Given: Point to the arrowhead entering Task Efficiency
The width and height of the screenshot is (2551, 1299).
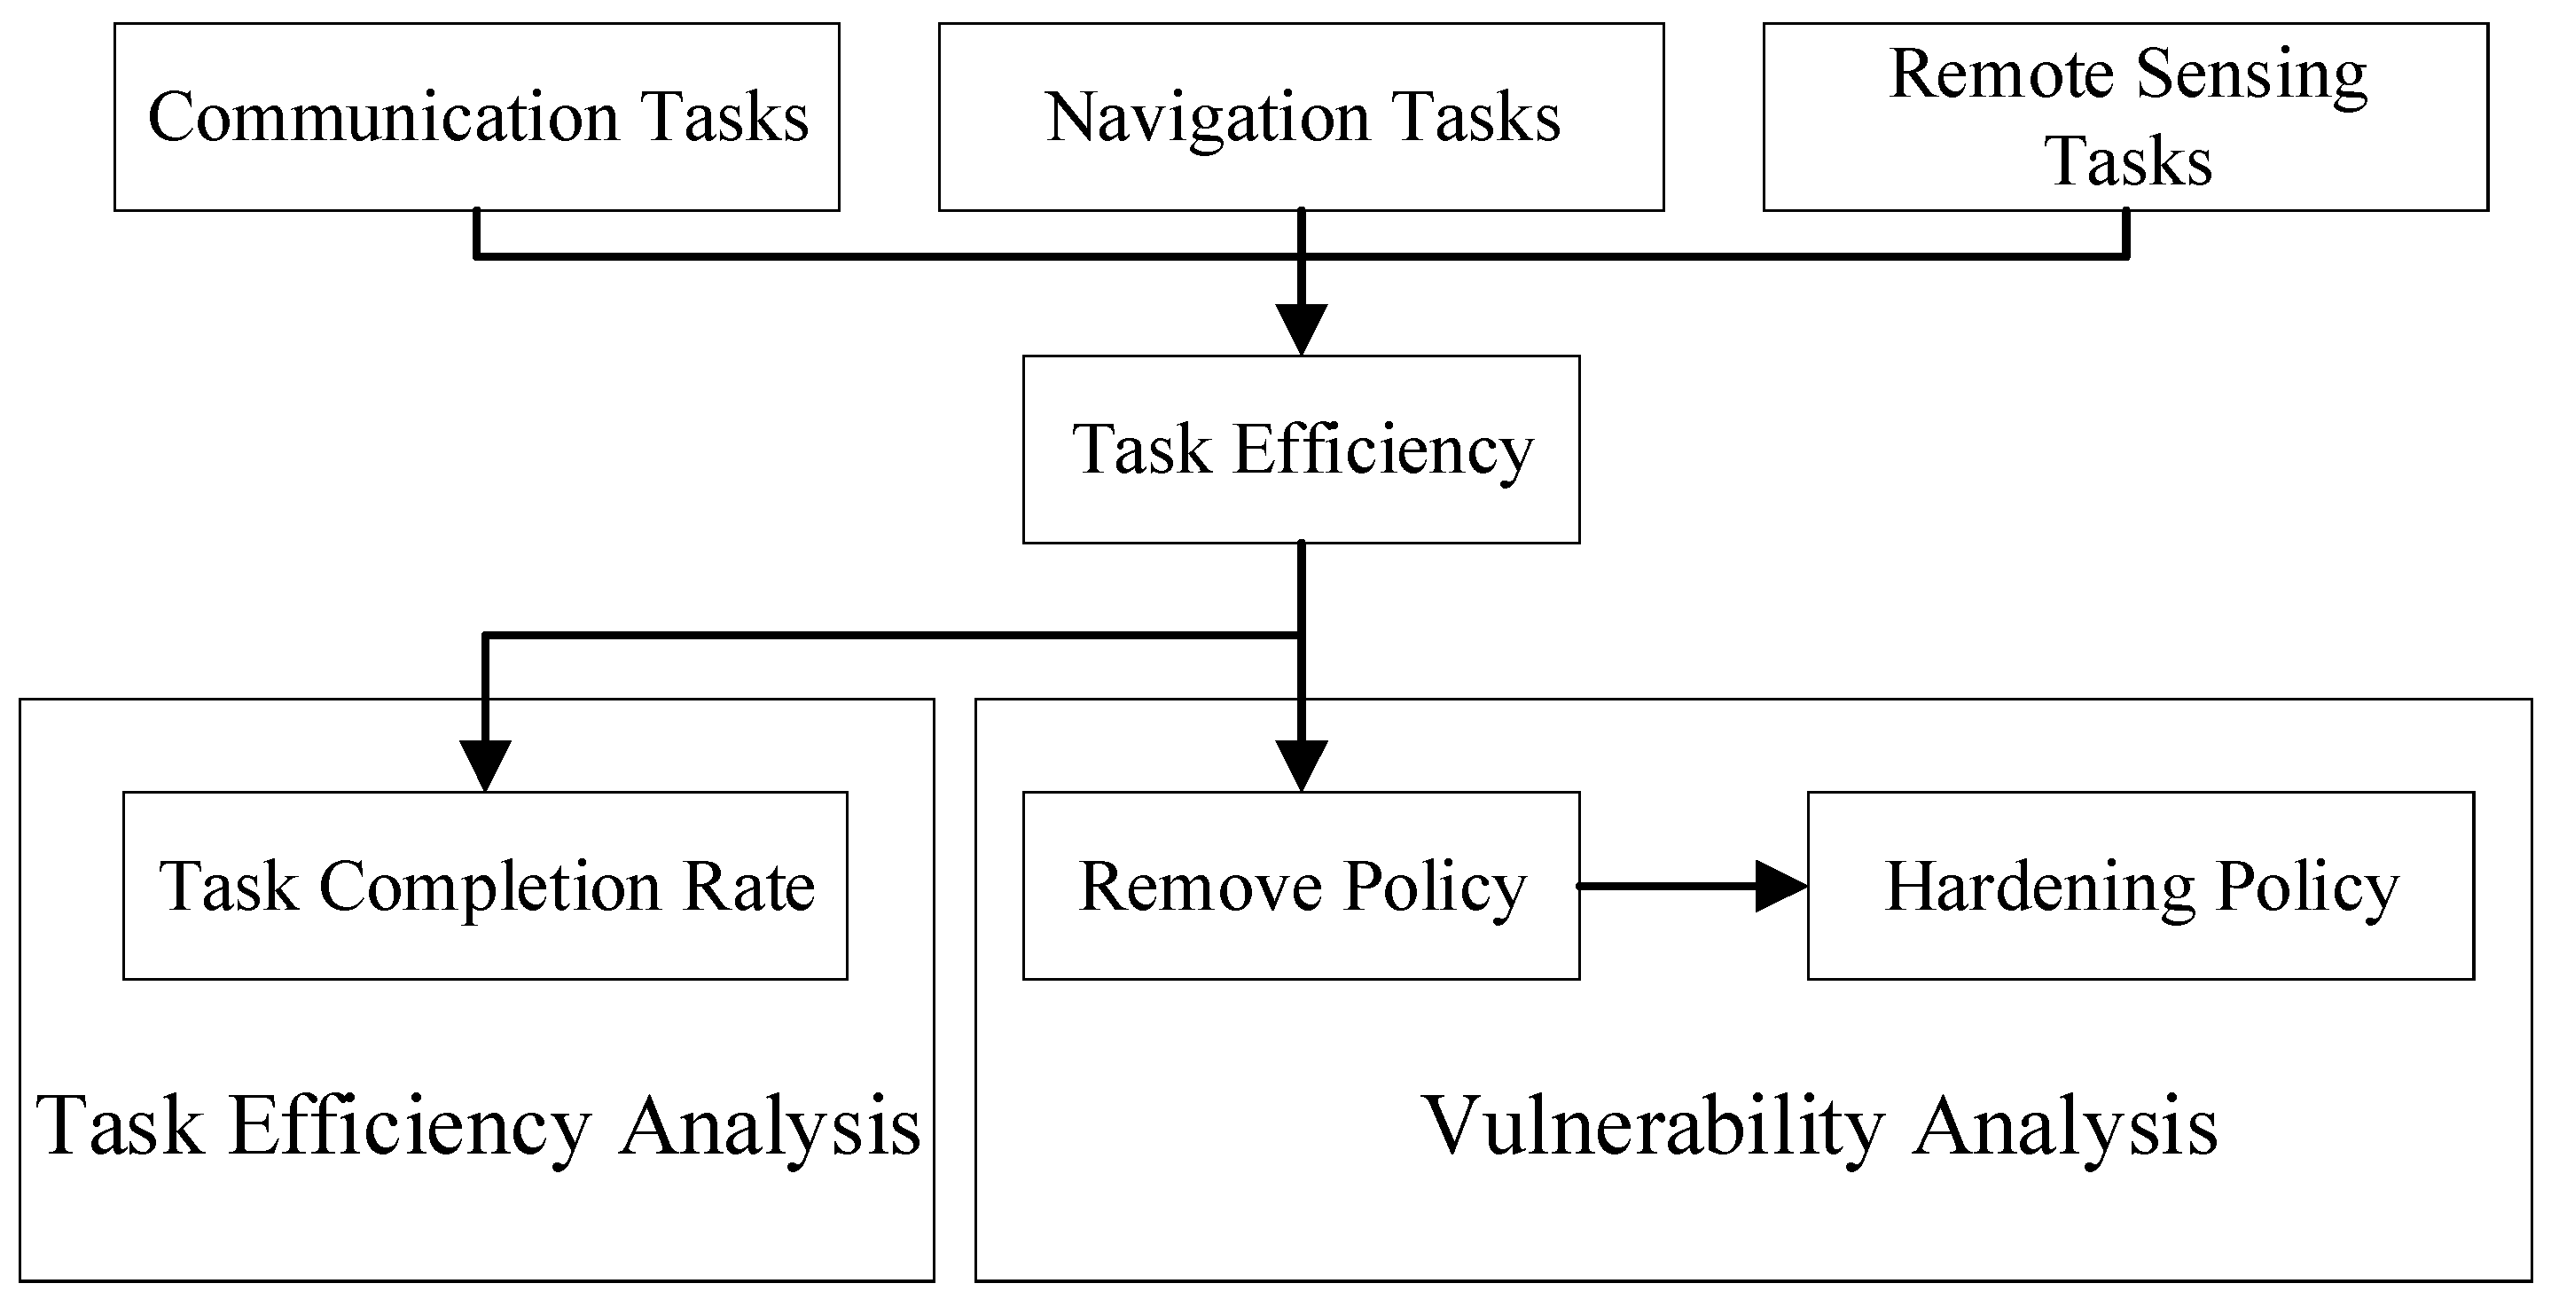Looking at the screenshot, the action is coord(1302,330).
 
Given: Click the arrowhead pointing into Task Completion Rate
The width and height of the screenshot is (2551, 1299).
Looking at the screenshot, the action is coord(485,766).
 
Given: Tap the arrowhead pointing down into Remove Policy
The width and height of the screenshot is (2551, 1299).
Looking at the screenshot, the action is coord(1302,766).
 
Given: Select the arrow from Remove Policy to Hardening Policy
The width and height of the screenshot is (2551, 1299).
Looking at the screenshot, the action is coord(1694,886).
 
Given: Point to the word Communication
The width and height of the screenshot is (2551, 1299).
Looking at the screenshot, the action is coord(384,117).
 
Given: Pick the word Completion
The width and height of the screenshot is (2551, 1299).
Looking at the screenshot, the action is coord(490,889).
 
